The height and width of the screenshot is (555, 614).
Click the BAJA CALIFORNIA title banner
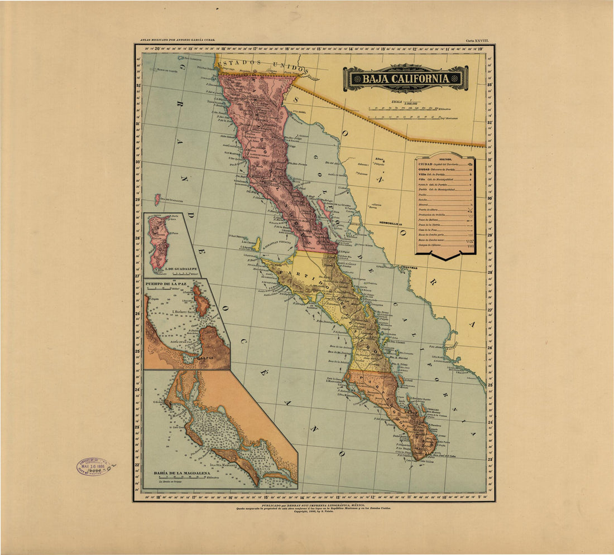[405, 79]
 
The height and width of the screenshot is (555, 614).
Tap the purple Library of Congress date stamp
[94, 466]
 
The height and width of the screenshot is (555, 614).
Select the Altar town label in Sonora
[380, 159]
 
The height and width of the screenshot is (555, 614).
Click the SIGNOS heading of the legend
[445, 159]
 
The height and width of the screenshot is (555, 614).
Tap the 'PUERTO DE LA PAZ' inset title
[166, 284]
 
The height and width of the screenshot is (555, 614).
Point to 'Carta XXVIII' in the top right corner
[477, 41]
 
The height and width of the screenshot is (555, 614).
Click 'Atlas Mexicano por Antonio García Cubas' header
[178, 41]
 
